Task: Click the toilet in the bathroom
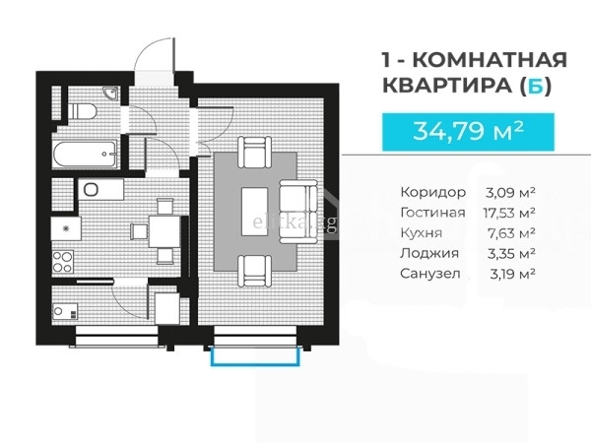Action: [82, 111]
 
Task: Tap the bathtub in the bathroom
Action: [85, 154]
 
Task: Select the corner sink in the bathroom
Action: [111, 94]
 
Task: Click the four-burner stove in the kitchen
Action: [63, 262]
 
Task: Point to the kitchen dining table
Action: [164, 231]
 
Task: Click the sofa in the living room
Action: [298, 212]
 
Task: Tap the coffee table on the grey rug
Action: [255, 212]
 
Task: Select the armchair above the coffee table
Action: [255, 153]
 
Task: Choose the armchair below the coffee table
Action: [255, 272]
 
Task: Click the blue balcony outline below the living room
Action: [255, 364]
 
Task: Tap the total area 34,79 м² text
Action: [468, 131]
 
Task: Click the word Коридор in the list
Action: [433, 193]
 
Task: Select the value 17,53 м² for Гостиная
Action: [509, 213]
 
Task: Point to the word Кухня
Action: [421, 233]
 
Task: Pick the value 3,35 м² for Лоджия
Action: [511, 254]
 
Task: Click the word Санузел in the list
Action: [430, 274]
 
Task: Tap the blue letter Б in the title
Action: [535, 86]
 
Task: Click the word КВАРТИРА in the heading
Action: [447, 86]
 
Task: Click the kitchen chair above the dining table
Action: [164, 207]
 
